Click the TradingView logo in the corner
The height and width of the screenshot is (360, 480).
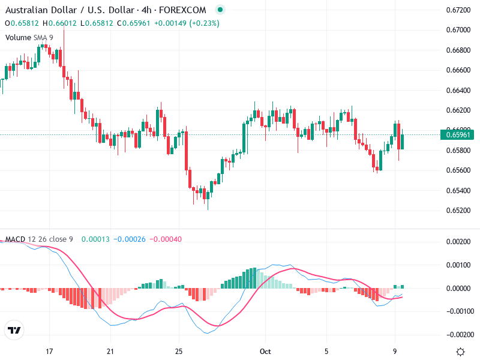(x=14, y=330)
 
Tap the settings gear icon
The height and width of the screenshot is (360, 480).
(x=460, y=352)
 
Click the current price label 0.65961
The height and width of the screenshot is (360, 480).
(x=459, y=134)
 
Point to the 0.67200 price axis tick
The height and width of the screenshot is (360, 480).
(x=458, y=10)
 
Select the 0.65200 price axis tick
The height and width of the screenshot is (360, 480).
(x=458, y=211)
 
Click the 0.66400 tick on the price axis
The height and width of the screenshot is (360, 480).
(x=458, y=91)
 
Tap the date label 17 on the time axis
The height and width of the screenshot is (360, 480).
(x=50, y=351)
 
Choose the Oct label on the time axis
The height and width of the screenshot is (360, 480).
(x=265, y=351)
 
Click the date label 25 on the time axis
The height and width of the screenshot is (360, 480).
(x=178, y=351)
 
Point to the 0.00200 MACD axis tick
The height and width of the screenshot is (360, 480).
(x=458, y=242)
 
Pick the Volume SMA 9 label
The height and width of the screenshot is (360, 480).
(x=29, y=37)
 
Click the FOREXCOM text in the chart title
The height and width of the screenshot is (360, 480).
(x=186, y=10)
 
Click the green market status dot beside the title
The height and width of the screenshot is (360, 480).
(x=220, y=10)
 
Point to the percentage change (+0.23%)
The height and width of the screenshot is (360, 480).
(x=204, y=23)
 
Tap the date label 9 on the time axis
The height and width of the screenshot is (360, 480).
(x=395, y=351)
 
